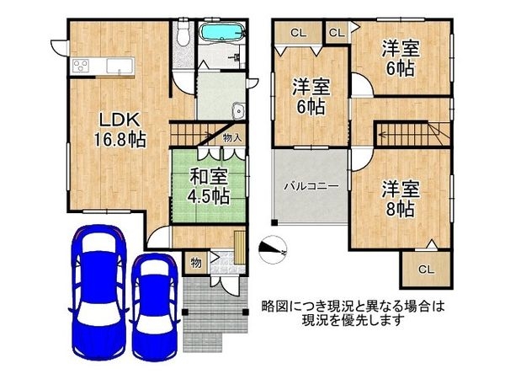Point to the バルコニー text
311,184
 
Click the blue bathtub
221,35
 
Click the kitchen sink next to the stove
119,66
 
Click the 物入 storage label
233,136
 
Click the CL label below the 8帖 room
425,270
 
